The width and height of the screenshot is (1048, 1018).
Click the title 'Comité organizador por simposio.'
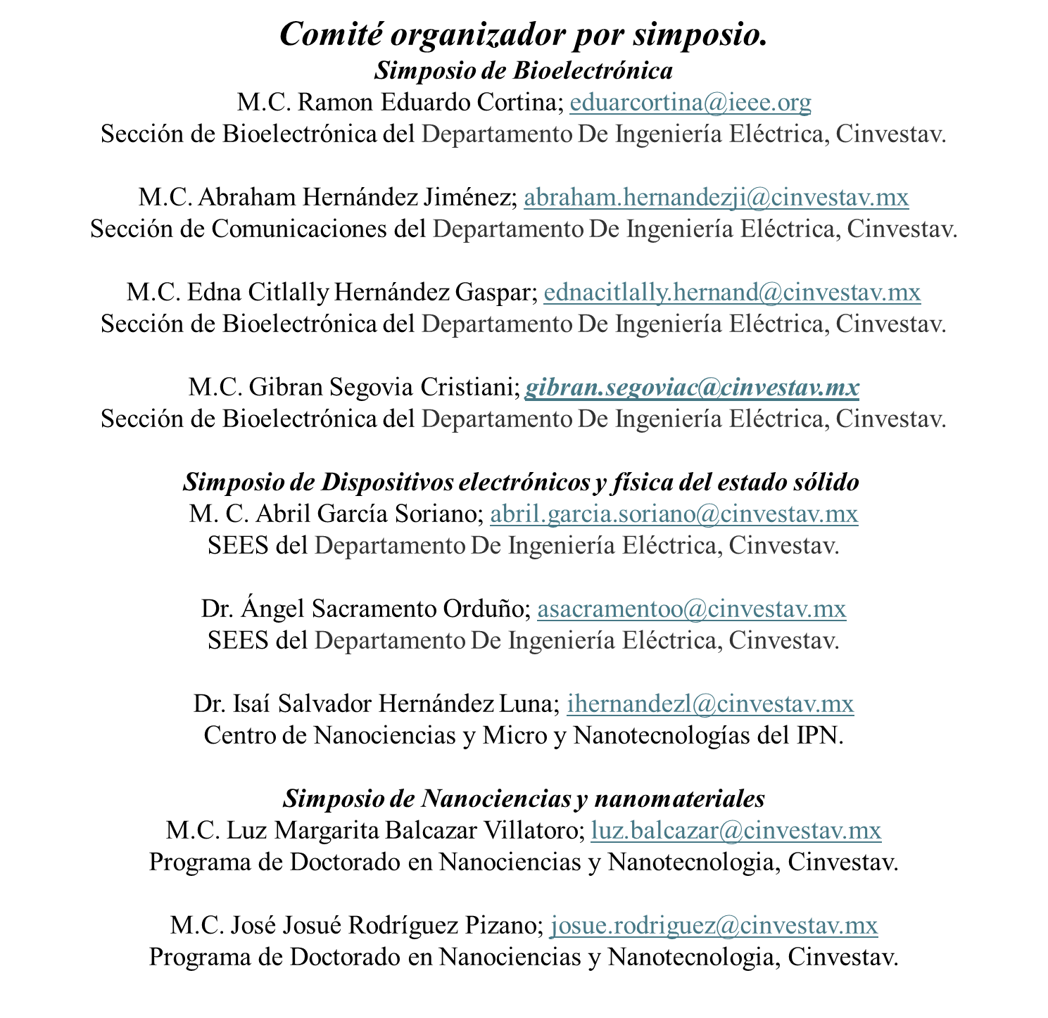point(524,34)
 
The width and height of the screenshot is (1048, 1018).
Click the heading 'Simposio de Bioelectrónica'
point(524,70)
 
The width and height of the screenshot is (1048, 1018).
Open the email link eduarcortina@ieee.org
point(690,102)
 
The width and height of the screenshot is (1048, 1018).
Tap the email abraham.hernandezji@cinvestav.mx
point(716,197)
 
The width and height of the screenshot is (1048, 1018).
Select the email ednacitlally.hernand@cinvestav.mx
point(732,293)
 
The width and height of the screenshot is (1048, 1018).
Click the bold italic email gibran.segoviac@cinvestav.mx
point(692,387)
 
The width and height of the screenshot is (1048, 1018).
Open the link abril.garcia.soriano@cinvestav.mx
point(674,514)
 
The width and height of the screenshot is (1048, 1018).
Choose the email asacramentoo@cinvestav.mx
point(691,609)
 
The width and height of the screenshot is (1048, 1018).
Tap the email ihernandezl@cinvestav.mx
point(709,704)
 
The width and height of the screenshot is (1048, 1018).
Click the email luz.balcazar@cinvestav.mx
point(736,831)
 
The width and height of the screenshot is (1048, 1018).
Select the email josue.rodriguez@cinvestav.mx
point(714,926)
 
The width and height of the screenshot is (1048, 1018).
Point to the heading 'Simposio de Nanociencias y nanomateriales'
point(524,799)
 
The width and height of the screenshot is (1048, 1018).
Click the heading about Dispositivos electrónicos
point(521,483)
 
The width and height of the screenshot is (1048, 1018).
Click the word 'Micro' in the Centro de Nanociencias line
point(514,735)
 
